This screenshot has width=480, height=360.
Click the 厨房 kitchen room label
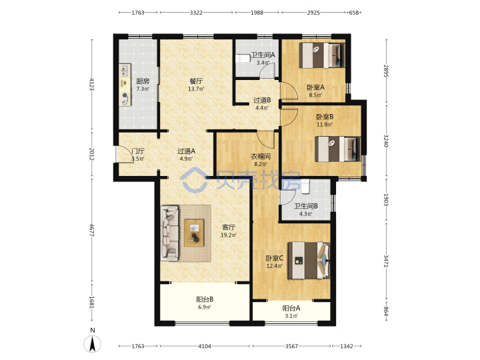click(143, 81)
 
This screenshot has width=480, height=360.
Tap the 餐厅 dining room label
click(196, 81)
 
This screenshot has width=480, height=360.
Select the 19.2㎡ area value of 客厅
click(229, 235)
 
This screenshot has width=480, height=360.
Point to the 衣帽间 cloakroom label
click(261, 157)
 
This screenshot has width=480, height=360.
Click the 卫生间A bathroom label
click(263, 55)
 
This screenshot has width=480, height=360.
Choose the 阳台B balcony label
click(205, 299)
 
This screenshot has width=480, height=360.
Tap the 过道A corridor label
click(187, 151)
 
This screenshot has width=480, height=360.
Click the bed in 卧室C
click(309, 261)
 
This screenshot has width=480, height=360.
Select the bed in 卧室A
click(322, 55)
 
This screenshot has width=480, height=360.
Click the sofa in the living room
click(169, 233)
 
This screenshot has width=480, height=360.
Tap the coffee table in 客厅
click(194, 233)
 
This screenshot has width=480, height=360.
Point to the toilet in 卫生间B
click(305, 187)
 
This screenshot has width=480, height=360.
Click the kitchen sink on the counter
click(125, 71)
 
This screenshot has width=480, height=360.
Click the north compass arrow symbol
click(93, 344)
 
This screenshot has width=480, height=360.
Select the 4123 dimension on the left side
click(91, 85)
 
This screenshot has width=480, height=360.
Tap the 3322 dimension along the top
click(196, 13)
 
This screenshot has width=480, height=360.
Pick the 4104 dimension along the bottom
click(205, 346)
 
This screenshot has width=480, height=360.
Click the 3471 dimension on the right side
click(386, 261)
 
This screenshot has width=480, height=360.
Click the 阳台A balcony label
click(291, 308)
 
